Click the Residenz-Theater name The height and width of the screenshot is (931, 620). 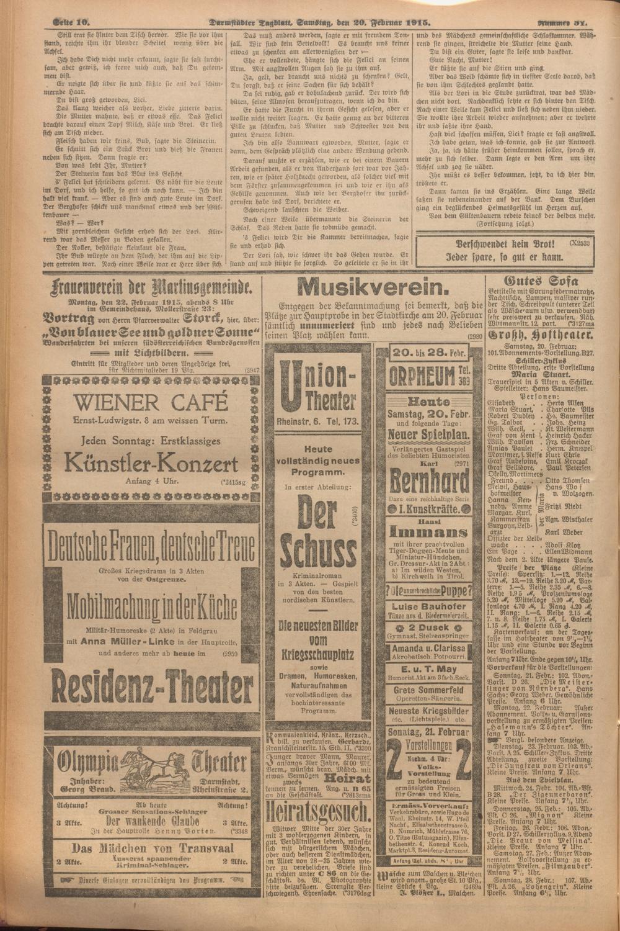149,690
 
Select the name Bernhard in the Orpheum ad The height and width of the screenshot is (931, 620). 429,481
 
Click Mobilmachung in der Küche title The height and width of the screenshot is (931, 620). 149,603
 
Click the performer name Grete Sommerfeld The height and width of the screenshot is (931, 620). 429,690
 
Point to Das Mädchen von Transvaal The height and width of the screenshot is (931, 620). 153,848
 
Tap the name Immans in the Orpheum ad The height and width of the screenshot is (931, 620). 429,533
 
